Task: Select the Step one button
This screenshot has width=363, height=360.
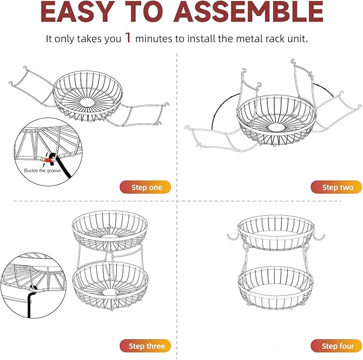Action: pos(144,187)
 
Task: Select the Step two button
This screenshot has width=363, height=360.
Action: pos(336,187)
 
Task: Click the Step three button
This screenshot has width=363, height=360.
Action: pos(145,346)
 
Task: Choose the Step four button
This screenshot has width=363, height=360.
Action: pos(337,346)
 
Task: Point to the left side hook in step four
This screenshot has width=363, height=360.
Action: pos(233,236)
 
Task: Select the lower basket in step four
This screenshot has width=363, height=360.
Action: pos(276,285)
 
